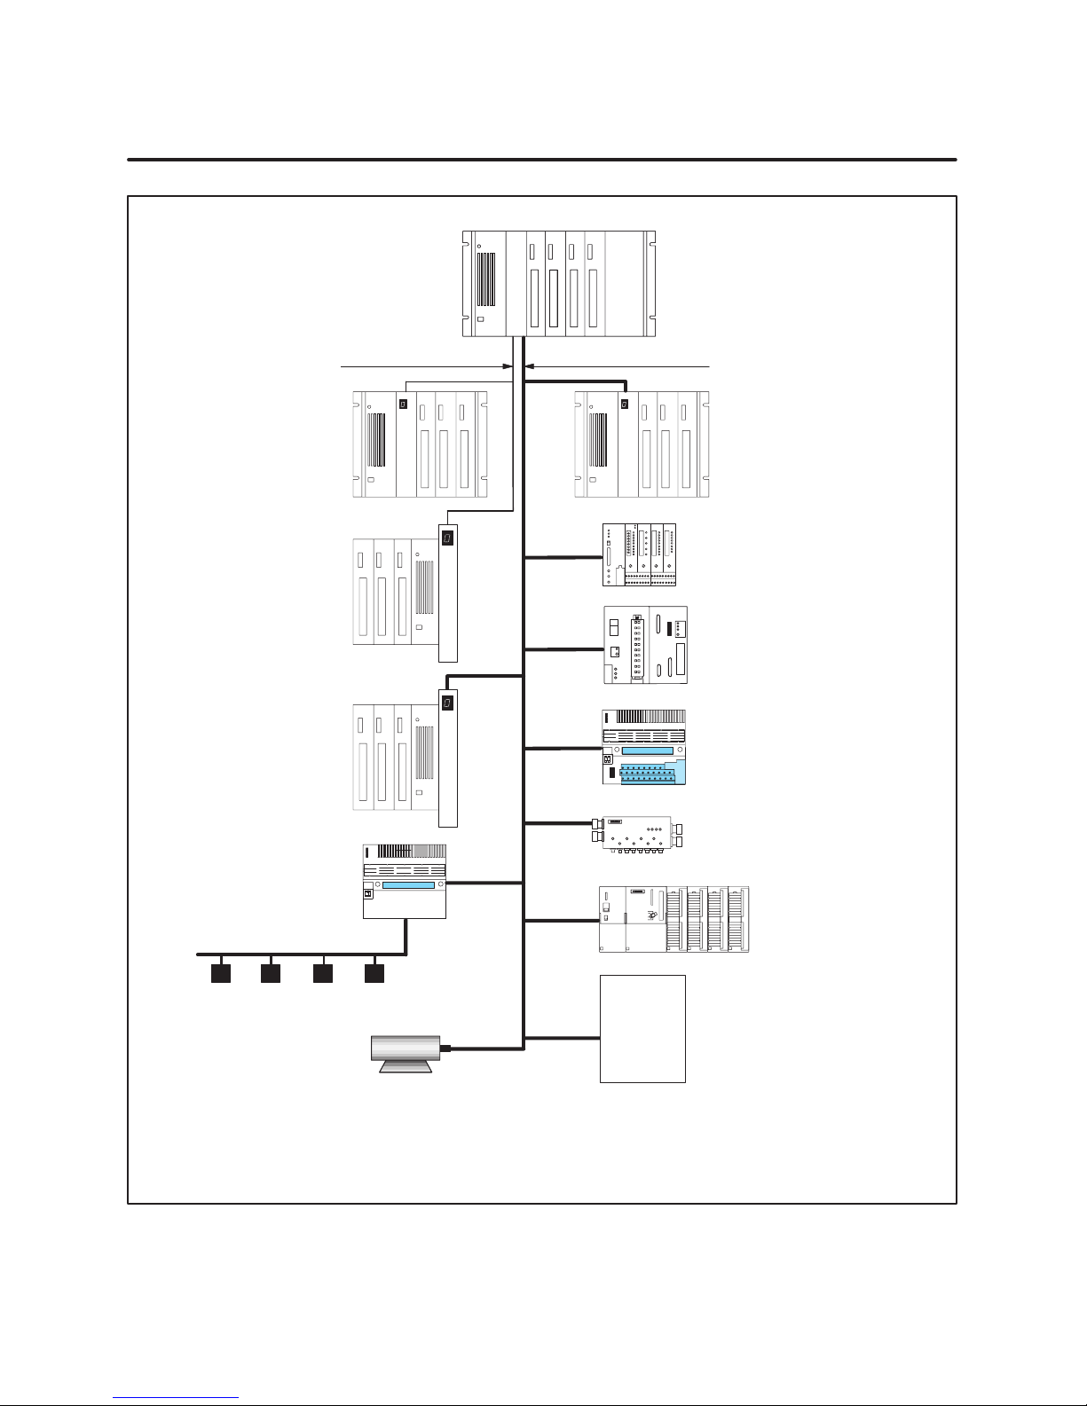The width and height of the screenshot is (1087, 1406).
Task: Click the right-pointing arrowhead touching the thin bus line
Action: tap(508, 365)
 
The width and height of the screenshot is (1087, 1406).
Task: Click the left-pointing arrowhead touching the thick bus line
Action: tap(531, 365)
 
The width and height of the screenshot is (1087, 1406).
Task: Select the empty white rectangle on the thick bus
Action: tap(642, 1029)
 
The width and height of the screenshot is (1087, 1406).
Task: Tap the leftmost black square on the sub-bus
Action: tap(220, 973)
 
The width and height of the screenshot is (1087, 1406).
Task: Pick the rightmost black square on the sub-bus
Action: tap(374, 973)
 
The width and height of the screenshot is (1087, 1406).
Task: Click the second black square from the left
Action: tap(271, 973)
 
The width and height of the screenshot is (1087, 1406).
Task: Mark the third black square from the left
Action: tap(323, 973)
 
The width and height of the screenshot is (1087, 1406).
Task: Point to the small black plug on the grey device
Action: tap(445, 1048)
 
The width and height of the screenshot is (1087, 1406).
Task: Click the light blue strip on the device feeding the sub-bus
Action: tap(403, 884)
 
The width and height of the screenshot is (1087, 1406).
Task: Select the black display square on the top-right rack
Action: tap(625, 404)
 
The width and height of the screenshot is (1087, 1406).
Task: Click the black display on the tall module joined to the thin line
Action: tap(448, 538)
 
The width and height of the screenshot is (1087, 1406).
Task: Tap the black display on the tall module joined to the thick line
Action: tap(448, 703)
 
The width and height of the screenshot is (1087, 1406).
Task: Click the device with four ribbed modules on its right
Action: tap(673, 920)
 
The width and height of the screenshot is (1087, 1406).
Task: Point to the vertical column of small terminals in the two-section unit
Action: tap(636, 648)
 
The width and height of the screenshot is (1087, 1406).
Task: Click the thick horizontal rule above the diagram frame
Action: tap(541, 160)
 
